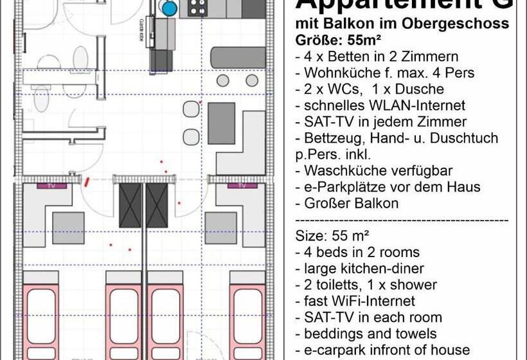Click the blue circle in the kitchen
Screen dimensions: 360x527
[170, 8]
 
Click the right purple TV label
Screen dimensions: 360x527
[242, 185]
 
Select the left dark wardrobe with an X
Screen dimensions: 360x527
[130, 206]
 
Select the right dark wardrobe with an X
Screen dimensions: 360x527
[157, 206]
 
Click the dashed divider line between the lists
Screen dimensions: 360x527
[402, 219]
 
